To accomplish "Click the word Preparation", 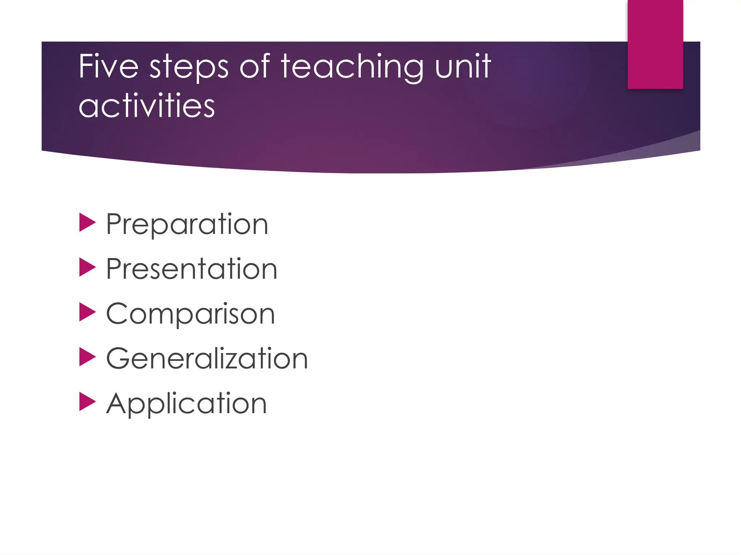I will pos(187,224).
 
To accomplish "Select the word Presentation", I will pos(192,269).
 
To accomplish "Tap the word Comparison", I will pos(191,314).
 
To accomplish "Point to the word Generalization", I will pos(207,359).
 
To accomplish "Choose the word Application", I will pos(187,404).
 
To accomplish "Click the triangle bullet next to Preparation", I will pos(87,222).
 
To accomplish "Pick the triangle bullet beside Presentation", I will pos(87,267).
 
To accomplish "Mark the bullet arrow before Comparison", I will pos(87,312).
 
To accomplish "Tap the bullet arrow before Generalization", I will pos(87,357).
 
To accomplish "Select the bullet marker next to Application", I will pos(87,402).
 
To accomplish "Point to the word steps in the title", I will pos(189,68).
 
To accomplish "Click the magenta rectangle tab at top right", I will pos(655,44).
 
